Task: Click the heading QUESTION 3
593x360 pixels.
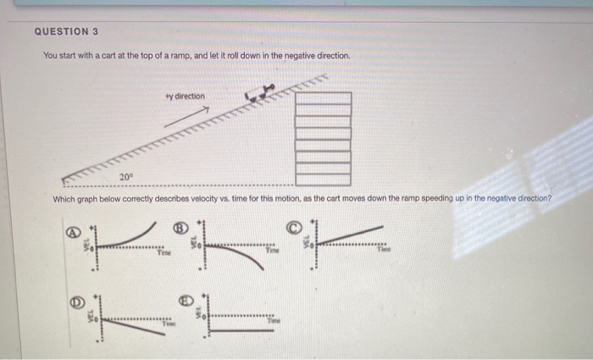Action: (66, 31)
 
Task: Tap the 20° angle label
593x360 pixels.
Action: (125, 176)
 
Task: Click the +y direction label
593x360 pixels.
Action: (185, 97)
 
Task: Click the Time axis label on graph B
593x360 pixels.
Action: (272, 252)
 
